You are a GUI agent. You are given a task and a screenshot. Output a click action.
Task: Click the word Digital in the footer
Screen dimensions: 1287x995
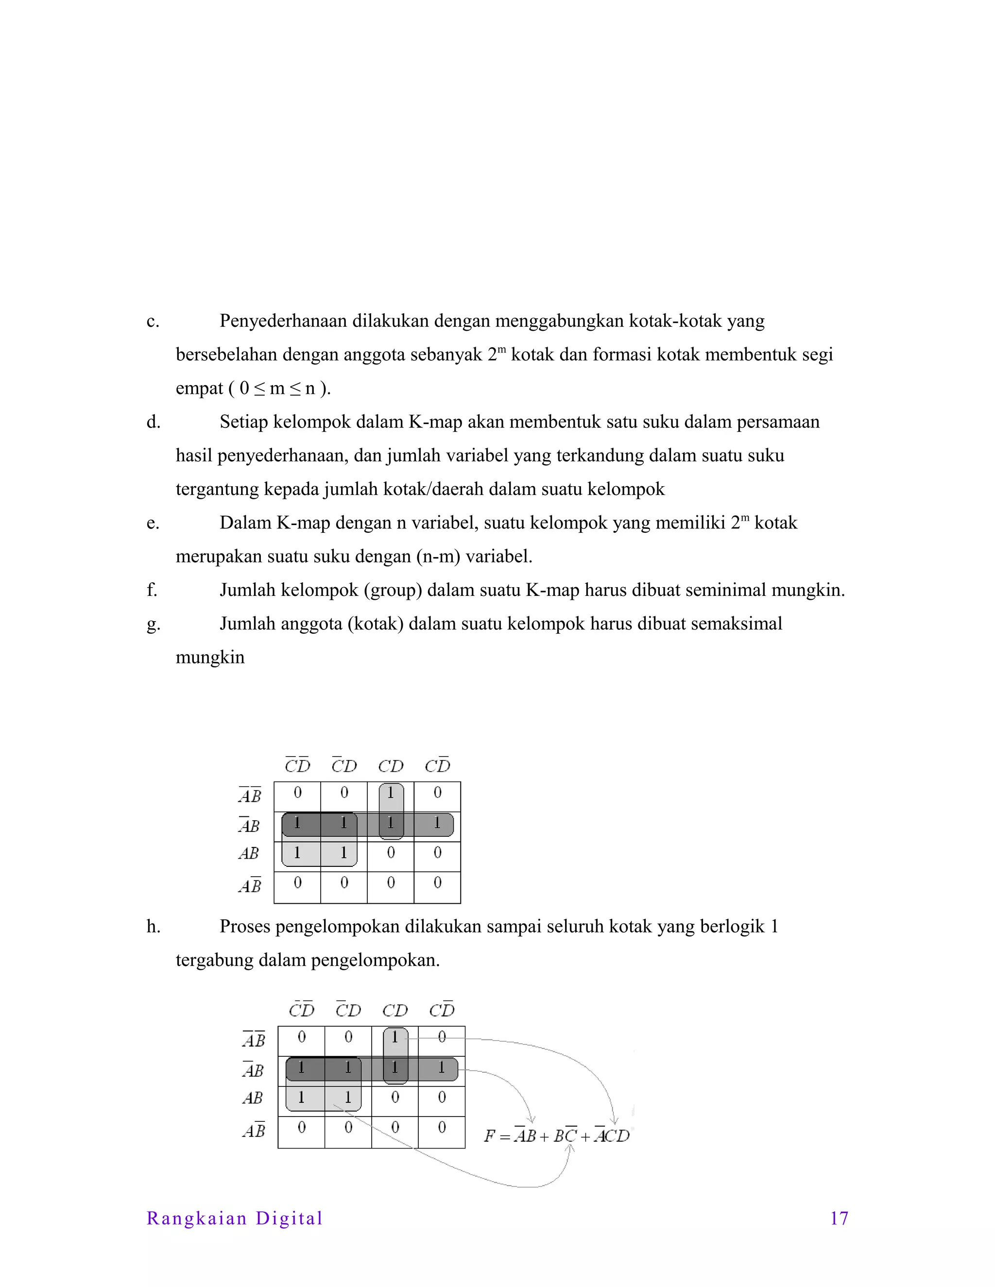(x=289, y=1218)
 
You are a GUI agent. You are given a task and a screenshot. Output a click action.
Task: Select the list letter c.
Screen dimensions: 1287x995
(x=152, y=321)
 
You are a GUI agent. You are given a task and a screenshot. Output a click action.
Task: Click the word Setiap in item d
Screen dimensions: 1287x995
(x=243, y=422)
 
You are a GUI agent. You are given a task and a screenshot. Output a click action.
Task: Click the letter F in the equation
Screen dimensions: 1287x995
(x=489, y=1135)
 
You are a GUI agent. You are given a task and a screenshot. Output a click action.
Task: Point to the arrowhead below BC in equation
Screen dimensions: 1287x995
(x=570, y=1149)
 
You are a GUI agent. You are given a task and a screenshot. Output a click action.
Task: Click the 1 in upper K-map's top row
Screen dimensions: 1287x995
(x=390, y=793)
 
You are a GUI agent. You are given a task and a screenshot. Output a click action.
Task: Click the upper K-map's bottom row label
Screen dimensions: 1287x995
(x=249, y=885)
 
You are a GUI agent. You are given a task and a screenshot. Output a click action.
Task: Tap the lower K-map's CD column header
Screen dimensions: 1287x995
(x=395, y=1011)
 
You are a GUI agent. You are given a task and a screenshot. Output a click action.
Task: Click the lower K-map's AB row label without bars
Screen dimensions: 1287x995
(x=252, y=1098)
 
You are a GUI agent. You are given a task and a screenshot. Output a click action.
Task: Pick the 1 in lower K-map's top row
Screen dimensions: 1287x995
(x=395, y=1036)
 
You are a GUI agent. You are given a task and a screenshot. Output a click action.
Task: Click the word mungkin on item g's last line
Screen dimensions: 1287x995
(x=210, y=658)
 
